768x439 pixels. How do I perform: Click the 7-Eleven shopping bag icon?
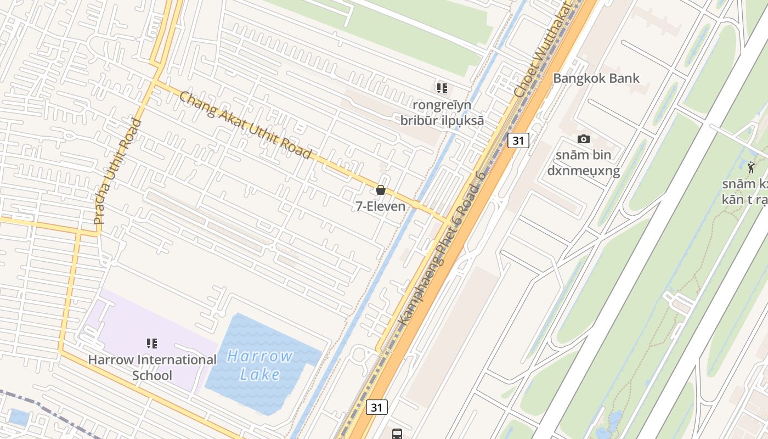pos(380,190)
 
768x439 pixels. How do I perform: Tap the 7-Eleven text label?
pos(380,206)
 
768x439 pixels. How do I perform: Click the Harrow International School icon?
pos(152,344)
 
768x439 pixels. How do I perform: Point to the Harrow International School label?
pos(153,368)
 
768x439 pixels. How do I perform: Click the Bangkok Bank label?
pos(596,78)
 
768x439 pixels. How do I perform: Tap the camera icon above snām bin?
pos(584,139)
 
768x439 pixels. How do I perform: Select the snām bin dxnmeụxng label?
pos(583,163)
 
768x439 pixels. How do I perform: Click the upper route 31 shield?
pos(518,140)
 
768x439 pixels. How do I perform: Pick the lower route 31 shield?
pos(376,407)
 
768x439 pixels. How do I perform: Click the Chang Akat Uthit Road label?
pos(245,125)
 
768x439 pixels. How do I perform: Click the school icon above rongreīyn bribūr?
pos(442,88)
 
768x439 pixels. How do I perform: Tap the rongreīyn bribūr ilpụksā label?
pos(442,112)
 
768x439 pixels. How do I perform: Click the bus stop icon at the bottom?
pos(397,434)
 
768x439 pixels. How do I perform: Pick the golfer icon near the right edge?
pos(751,167)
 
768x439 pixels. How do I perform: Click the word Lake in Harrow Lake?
pos(259,375)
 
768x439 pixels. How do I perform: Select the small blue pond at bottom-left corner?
pos(19,418)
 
